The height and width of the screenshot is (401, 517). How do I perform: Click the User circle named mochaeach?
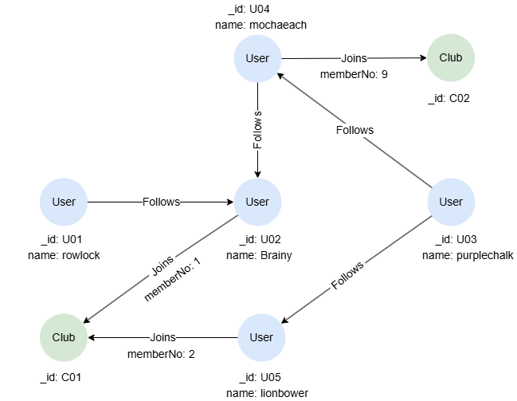pos(257,58)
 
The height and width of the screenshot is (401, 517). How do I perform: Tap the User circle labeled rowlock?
pos(64,202)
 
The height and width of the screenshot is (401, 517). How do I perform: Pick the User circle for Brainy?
pos(257,202)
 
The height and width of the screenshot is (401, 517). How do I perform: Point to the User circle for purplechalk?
pos(451,202)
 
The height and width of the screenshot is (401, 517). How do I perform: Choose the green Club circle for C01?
pos(64,337)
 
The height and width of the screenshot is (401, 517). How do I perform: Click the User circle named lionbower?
pos(261,337)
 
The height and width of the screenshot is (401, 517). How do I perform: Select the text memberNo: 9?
pos(353,74)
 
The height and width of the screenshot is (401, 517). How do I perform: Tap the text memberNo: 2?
pos(162,352)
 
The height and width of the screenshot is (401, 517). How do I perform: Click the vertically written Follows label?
pos(257,130)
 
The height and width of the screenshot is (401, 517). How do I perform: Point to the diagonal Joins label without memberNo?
pos(161,265)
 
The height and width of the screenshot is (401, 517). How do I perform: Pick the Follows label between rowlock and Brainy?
pos(161,202)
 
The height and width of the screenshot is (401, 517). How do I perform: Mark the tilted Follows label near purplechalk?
pos(347,275)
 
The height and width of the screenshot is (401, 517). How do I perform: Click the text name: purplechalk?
pos(468,255)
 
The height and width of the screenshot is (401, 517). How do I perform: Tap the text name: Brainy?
pos(259,255)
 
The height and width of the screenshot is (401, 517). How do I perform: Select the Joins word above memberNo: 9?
pos(353,59)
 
